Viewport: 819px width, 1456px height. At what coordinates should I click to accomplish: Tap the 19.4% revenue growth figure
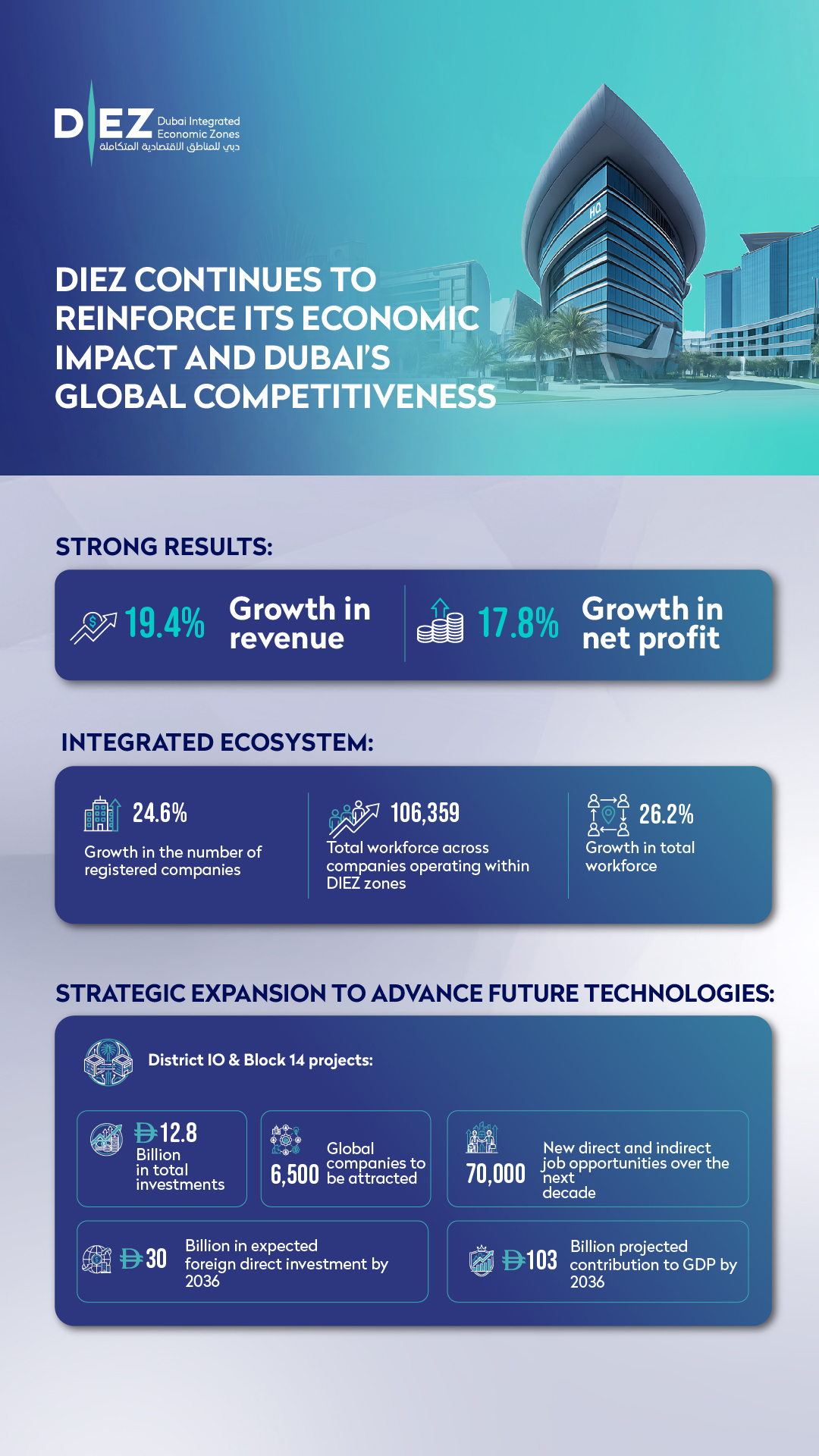(165, 623)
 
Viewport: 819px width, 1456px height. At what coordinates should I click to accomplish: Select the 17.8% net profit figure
(518, 623)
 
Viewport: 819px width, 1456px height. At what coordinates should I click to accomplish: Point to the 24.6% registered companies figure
(160, 813)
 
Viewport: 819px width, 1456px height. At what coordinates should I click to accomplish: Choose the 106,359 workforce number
(425, 813)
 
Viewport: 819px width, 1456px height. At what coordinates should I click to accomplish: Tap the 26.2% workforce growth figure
(666, 814)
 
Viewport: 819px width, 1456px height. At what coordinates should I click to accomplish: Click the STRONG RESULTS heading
(164, 547)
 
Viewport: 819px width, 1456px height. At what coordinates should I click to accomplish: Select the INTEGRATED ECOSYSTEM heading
(218, 742)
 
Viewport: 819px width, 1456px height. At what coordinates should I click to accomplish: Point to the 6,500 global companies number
(295, 1174)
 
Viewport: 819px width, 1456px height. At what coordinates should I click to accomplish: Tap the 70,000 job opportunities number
(495, 1174)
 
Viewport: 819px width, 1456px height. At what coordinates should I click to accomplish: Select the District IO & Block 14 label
(260, 1060)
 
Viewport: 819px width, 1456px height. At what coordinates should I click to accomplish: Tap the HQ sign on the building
(595, 209)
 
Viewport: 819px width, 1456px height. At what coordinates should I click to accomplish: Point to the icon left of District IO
(108, 1062)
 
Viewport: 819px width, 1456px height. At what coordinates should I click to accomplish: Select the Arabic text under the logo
(169, 146)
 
